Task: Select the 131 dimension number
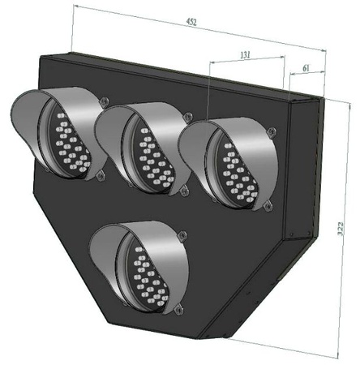pyautogui.click(x=246, y=54)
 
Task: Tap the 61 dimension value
pyautogui.click(x=306, y=69)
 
